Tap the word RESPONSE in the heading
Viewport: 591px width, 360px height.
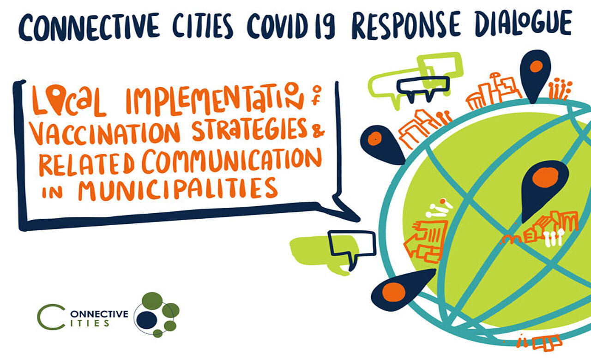(x=406, y=25)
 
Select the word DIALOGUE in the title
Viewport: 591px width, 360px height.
(x=524, y=23)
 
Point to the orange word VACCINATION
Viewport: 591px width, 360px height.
(x=105, y=134)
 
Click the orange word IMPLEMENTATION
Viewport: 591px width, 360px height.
(x=215, y=99)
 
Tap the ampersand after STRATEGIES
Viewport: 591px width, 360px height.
(x=319, y=130)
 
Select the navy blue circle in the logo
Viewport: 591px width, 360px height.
(x=147, y=320)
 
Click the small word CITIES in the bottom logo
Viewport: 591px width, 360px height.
(x=90, y=324)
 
